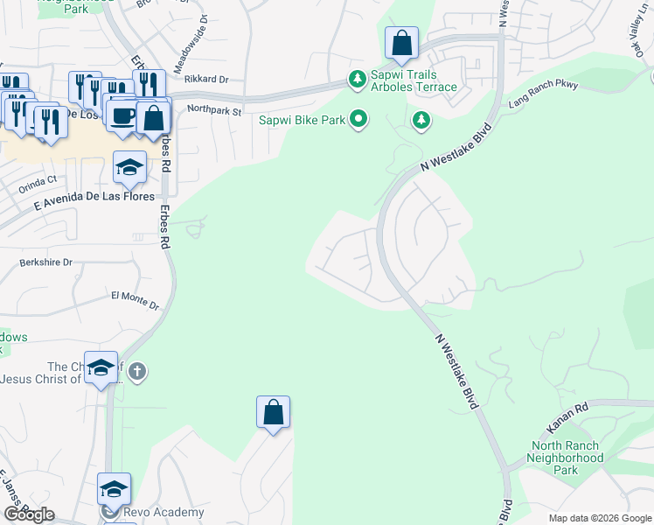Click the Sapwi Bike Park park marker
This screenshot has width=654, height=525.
(x=358, y=118)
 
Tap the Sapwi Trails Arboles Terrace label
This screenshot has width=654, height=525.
(x=414, y=80)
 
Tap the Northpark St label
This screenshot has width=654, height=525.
(x=213, y=109)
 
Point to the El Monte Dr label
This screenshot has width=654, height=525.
(x=135, y=300)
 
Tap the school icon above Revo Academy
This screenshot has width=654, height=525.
(x=114, y=488)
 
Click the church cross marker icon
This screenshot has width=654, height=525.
(x=136, y=373)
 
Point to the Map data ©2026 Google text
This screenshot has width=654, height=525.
(x=599, y=518)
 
